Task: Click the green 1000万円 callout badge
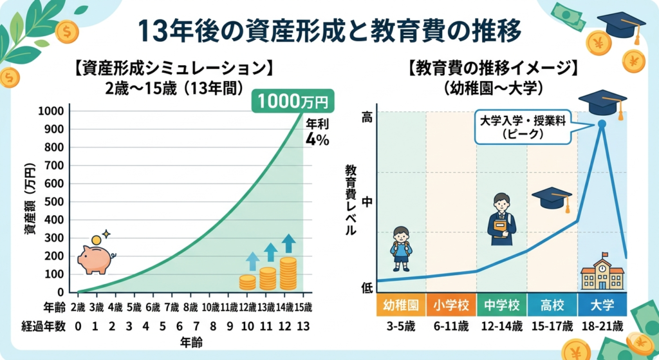[x=293, y=101]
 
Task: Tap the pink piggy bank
[x=95, y=258]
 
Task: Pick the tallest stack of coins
[x=288, y=273]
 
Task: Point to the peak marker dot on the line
[x=602, y=124]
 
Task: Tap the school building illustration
[x=602, y=272]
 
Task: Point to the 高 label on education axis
[x=367, y=117]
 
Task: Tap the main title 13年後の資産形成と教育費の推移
[x=329, y=30]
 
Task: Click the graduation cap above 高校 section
[x=552, y=198]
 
